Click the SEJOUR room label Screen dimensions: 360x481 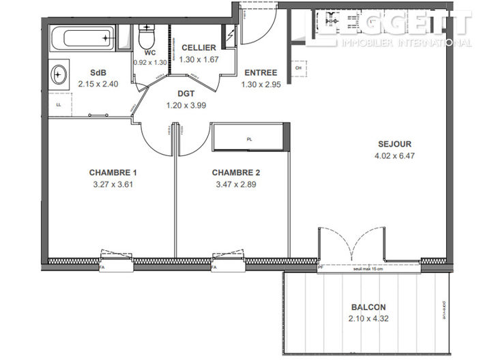[x=395, y=144]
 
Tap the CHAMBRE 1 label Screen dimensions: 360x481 [x=111, y=172]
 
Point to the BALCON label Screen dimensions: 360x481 [x=364, y=306]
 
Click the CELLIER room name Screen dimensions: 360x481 [x=199, y=48]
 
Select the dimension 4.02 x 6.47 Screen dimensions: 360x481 [x=395, y=155]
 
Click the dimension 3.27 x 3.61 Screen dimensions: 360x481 [x=111, y=184]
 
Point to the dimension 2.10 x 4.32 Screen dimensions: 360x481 [x=364, y=318]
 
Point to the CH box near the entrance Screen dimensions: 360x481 [x=298, y=67]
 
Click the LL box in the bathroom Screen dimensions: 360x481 [x=58, y=104]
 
